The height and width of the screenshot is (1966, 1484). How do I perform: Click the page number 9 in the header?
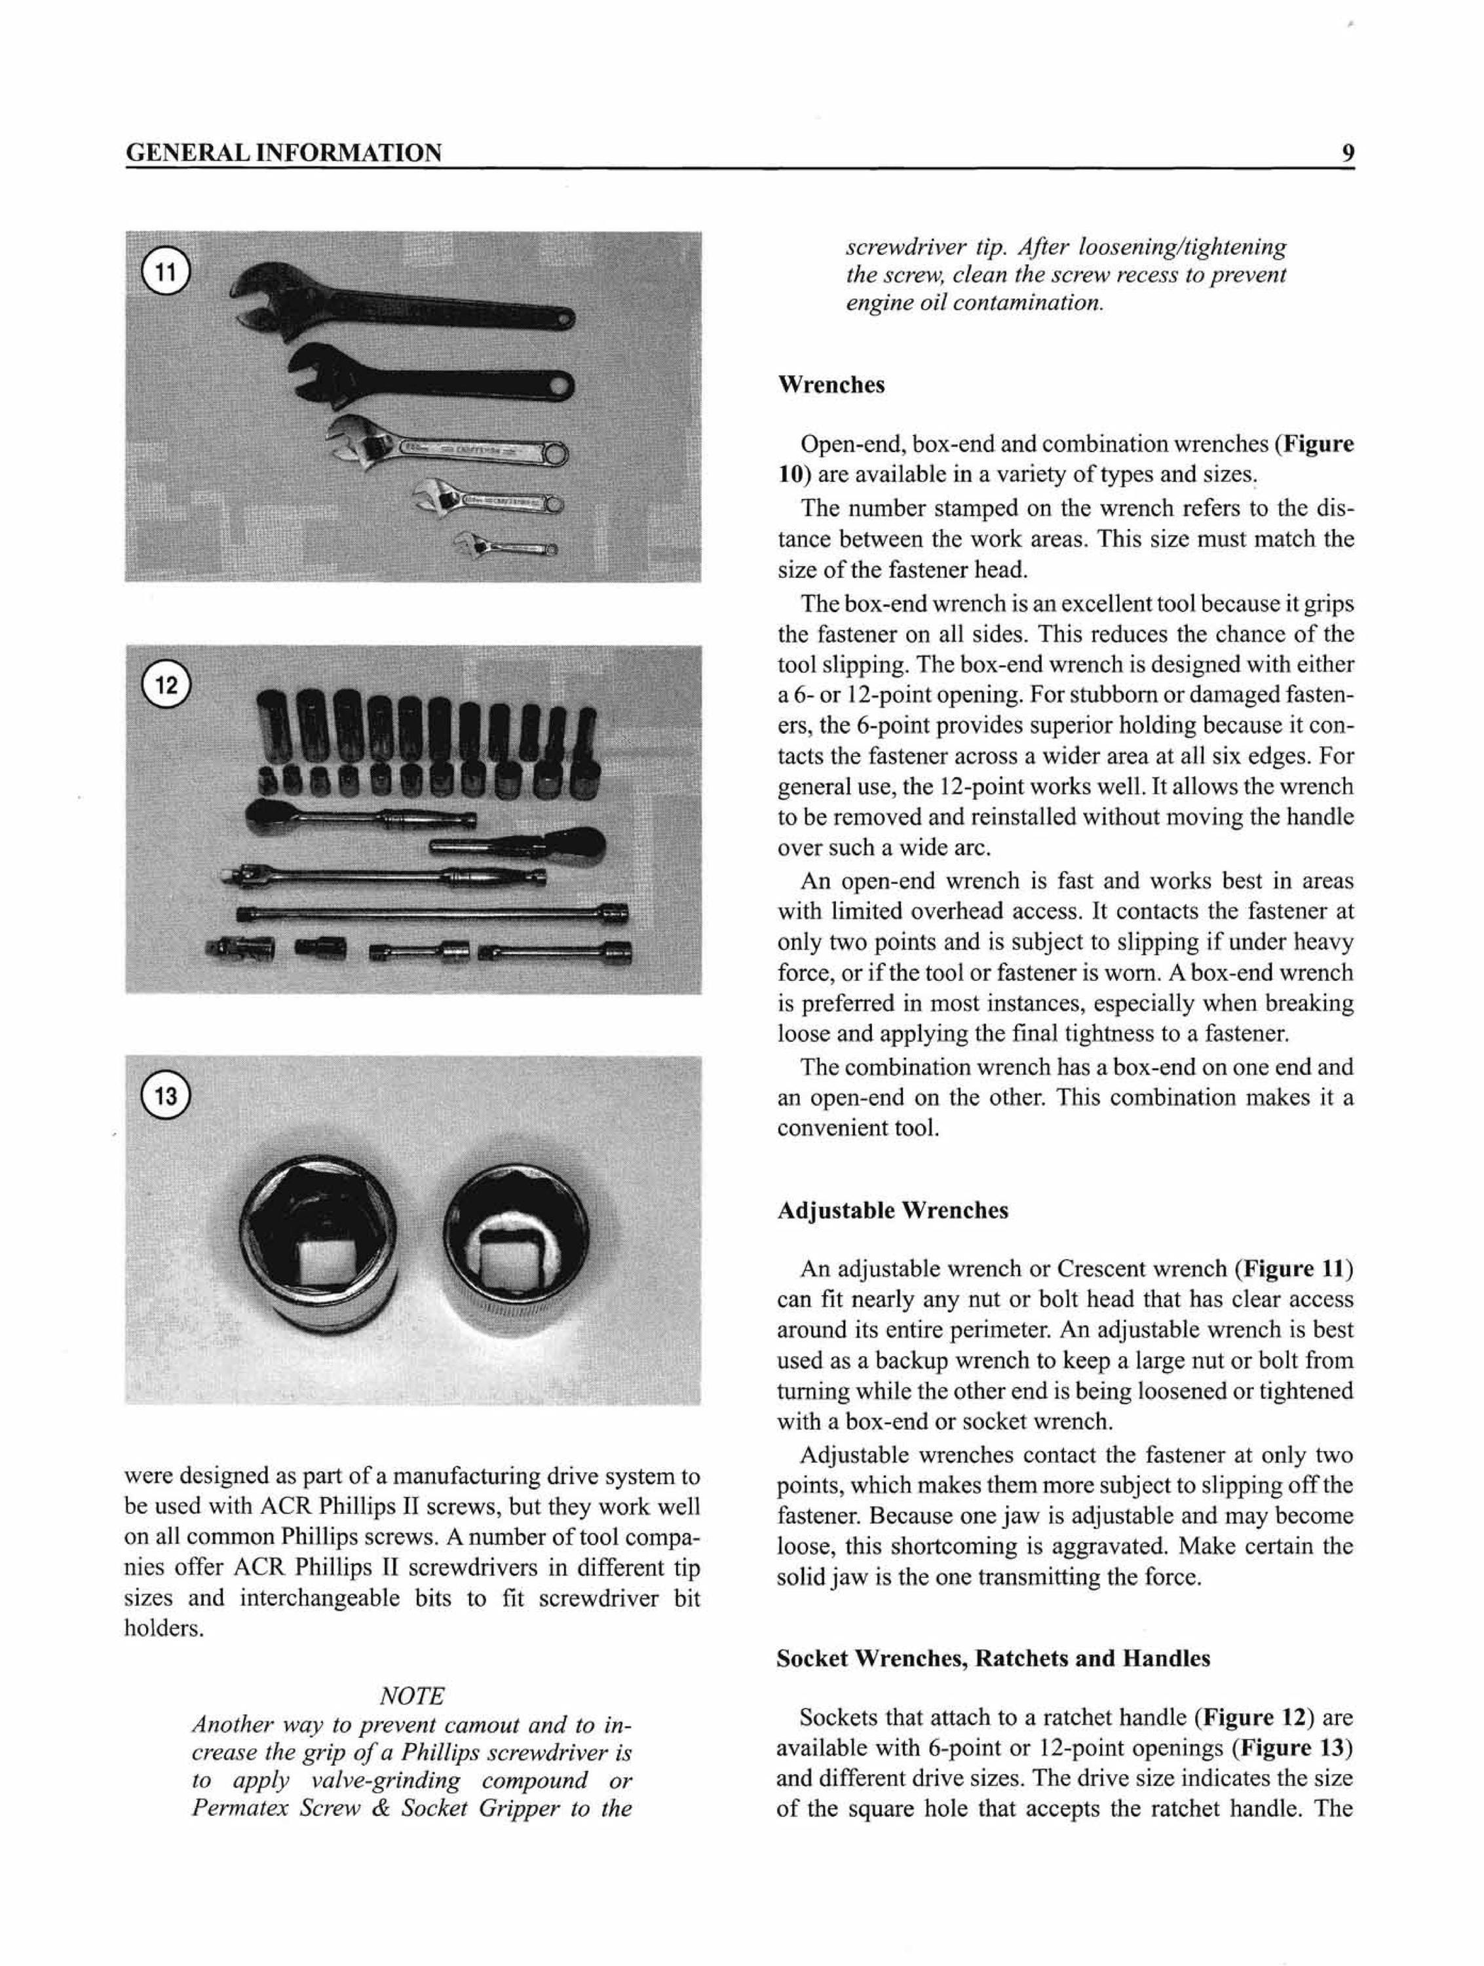click(x=1347, y=153)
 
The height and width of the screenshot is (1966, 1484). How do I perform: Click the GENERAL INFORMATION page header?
click(x=284, y=153)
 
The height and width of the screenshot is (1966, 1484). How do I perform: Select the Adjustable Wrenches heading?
click(x=892, y=1210)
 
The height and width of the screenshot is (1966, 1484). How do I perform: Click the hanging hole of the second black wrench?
click(x=560, y=387)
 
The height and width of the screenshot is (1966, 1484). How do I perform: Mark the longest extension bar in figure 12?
click(x=433, y=914)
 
